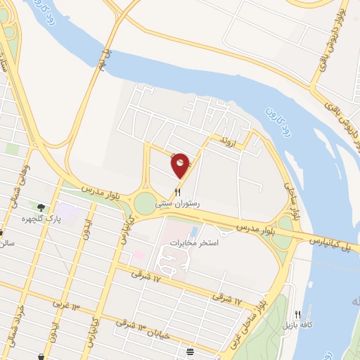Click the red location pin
pyautogui.click(x=180, y=165)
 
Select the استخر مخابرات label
pyautogui.click(x=194, y=243)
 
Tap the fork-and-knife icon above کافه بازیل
pyautogui.click(x=297, y=315)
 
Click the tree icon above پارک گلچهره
pyautogui.click(x=41, y=207)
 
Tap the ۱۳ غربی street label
pyautogui.click(x=67, y=304)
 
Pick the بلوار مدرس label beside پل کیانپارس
pyautogui.click(x=252, y=229)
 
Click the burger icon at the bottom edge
pyautogui.click(x=190, y=351)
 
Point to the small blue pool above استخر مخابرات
pyautogui.click(x=193, y=231)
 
